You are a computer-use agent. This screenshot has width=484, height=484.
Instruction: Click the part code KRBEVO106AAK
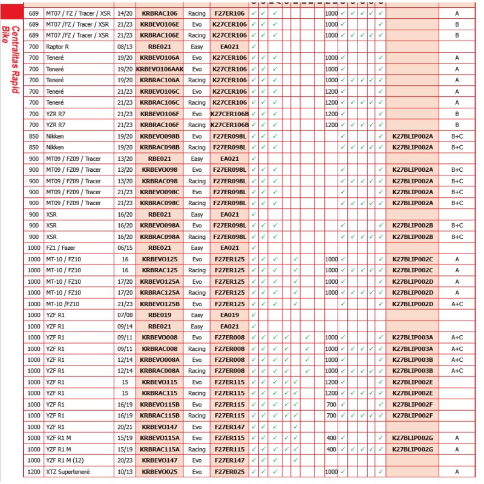coord(160,69)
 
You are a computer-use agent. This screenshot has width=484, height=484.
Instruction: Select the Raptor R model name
coord(58,47)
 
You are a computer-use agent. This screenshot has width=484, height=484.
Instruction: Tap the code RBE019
coord(160,315)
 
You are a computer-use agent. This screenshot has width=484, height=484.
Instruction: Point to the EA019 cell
coord(230,315)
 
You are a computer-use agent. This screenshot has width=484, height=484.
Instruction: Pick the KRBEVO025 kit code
coord(160,471)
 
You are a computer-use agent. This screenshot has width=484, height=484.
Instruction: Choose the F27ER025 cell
coord(230,471)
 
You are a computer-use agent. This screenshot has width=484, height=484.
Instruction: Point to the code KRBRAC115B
coord(160,416)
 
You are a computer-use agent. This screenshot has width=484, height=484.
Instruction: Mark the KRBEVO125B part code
coord(160,304)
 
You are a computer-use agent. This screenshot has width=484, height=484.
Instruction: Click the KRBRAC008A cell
coord(160,371)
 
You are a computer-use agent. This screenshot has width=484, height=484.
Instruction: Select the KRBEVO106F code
coord(160,114)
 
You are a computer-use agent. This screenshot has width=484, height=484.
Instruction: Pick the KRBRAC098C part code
coord(160,203)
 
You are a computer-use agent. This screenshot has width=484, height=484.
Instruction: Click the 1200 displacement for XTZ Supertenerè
coord(33,471)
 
